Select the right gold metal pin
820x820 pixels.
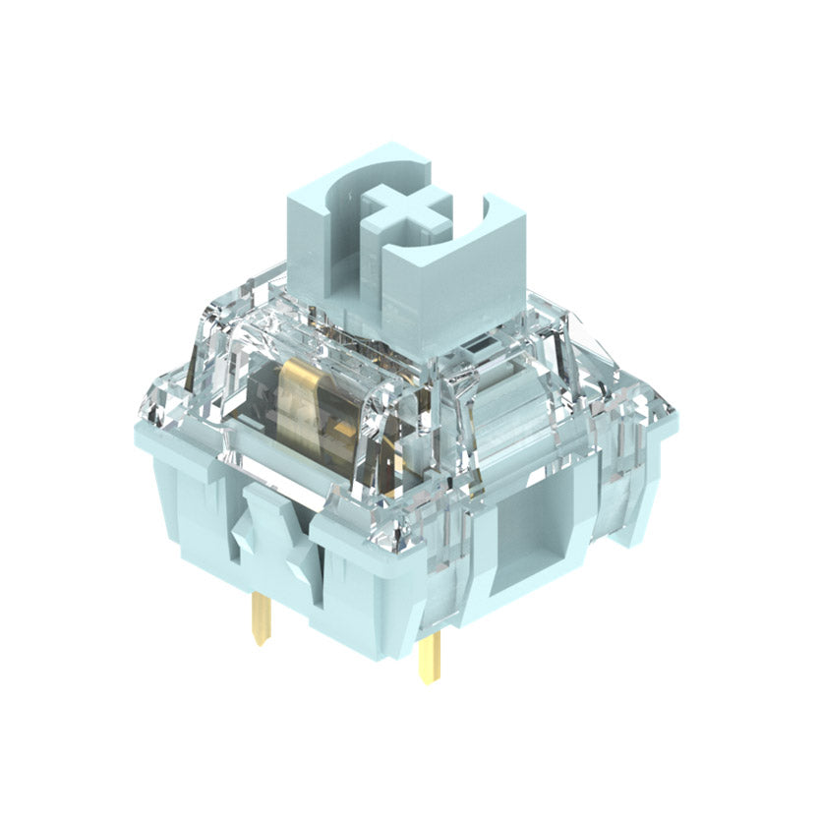click(x=430, y=655)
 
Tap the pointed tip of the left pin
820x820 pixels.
click(x=258, y=642)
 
